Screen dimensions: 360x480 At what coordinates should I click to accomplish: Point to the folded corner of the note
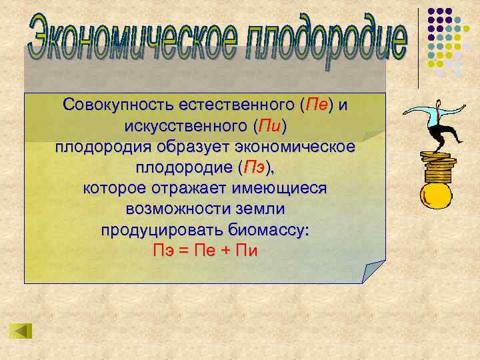(373, 270)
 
